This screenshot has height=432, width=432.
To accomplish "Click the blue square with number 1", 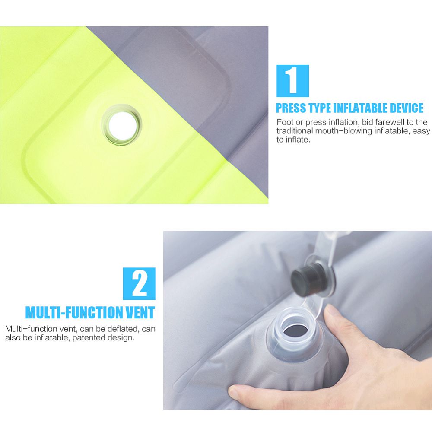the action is point(292,81).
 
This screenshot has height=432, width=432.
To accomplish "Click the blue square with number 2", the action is point(139,283).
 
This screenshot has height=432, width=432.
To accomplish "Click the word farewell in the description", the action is point(391,122).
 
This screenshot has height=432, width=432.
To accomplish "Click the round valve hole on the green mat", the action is point(121,125).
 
